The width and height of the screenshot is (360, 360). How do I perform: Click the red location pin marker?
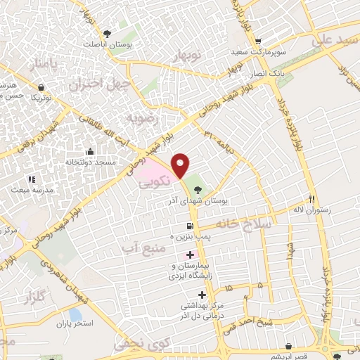(x=181, y=165)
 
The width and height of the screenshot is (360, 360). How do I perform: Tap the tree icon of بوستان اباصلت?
(x=107, y=33)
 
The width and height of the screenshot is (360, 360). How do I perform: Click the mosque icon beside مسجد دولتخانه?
(x=90, y=151)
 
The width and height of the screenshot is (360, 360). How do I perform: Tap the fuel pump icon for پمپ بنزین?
(x=189, y=226)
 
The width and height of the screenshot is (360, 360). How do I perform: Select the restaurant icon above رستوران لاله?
(x=311, y=199)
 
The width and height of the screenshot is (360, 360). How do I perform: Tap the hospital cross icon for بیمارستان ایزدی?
(x=189, y=255)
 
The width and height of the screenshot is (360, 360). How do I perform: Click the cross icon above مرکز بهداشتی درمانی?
(x=202, y=295)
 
